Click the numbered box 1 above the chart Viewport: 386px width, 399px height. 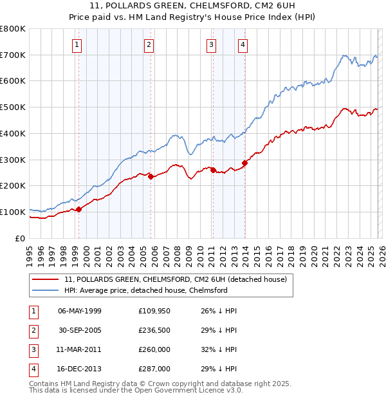tap(77, 44)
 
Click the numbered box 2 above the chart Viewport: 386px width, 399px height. tap(149, 44)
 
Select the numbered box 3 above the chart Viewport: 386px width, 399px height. tap(211, 44)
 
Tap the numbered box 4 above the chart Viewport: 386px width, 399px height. tap(243, 44)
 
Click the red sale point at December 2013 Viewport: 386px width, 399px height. tap(244, 163)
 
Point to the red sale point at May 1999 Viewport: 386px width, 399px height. tap(78, 209)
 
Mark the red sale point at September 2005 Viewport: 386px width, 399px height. tap(151, 176)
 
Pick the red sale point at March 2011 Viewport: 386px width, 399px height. tap(213, 170)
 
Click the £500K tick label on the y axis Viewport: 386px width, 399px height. tap(13, 107)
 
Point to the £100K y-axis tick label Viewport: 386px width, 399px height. tap(13, 212)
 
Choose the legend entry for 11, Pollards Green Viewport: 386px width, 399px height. tap(179, 279)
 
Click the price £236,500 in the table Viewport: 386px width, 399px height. tap(154, 330)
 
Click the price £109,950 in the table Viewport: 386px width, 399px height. tap(154, 311)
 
